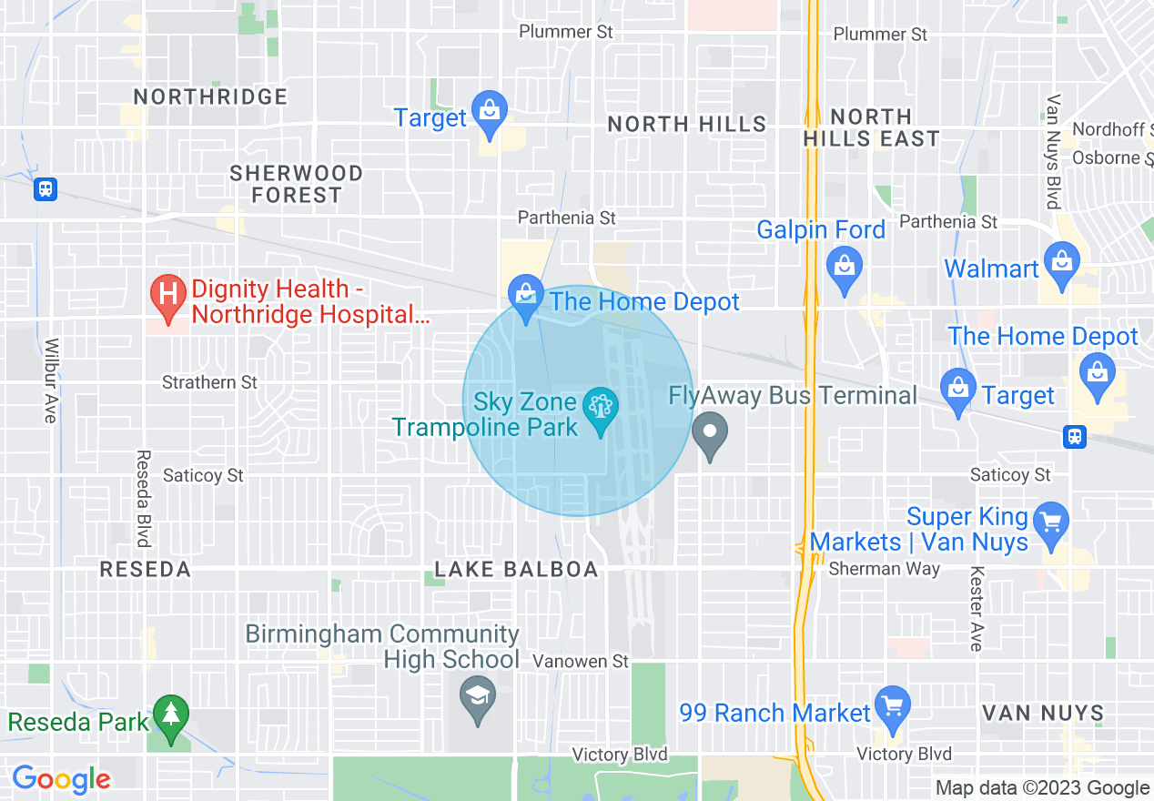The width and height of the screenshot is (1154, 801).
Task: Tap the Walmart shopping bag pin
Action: click(1061, 262)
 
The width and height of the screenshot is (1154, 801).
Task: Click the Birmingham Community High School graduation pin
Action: click(478, 697)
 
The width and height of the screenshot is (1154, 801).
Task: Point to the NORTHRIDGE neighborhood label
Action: click(210, 96)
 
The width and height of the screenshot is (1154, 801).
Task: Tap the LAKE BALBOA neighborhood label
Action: click(516, 570)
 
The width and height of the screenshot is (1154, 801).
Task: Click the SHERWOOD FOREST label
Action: click(296, 184)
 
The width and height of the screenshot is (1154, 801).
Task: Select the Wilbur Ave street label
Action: click(51, 380)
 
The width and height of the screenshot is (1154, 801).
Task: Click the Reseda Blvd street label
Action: click(143, 498)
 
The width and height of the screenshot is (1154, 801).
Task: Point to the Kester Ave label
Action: click(977, 609)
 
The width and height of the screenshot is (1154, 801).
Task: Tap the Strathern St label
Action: click(210, 382)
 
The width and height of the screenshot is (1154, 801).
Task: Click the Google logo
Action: click(61, 779)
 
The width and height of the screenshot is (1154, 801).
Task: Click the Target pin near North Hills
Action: click(490, 113)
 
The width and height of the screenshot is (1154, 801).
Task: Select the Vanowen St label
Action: click(581, 661)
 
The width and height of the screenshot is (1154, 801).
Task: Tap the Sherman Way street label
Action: click(878, 569)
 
